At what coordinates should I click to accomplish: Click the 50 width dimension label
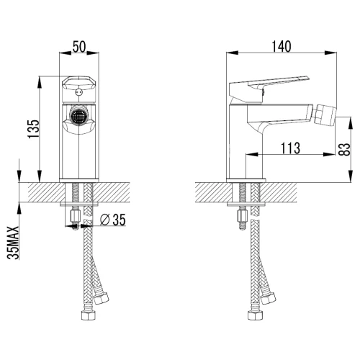pos(79,47)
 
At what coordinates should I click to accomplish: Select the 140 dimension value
pos(282,47)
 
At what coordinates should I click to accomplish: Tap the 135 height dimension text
pos(33,129)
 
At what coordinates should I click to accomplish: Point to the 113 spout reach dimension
pos(290,148)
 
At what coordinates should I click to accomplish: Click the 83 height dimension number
pos(346,150)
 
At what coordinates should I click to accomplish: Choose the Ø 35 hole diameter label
pos(113,220)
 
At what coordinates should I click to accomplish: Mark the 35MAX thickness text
pos(13,243)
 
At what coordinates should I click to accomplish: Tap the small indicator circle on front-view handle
pos(78,92)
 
